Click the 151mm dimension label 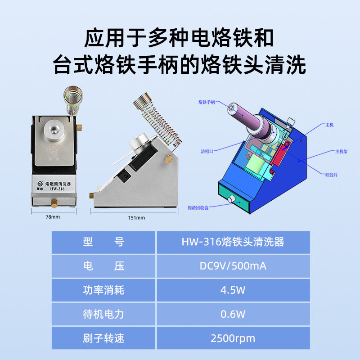136,218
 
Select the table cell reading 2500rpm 233,338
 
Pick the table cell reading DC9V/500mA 233,266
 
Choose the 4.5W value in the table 233,290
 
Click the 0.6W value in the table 233,314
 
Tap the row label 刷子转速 103,338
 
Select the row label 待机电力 103,314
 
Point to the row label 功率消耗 103,290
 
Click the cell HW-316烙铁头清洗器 233,242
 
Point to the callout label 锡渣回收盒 198,207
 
